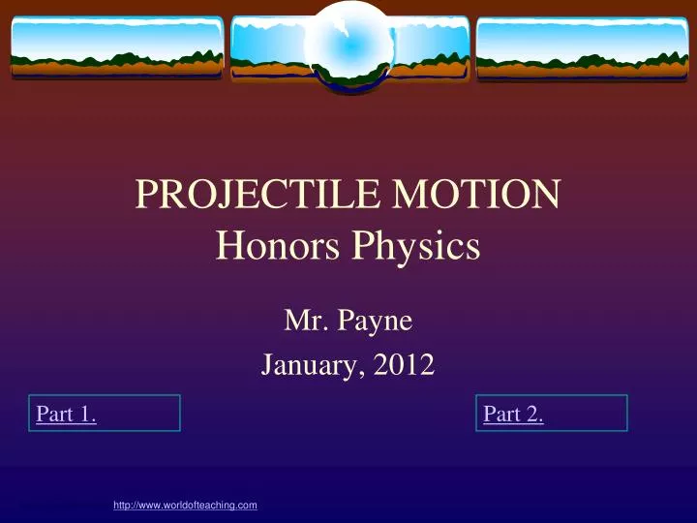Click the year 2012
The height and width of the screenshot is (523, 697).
click(x=407, y=365)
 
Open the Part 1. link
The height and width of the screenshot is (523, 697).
click(x=65, y=415)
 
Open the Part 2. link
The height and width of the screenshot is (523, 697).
click(x=512, y=415)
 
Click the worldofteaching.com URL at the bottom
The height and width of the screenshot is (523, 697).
click(x=185, y=506)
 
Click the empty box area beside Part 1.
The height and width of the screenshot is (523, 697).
click(x=140, y=414)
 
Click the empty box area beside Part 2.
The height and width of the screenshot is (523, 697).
click(x=588, y=414)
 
